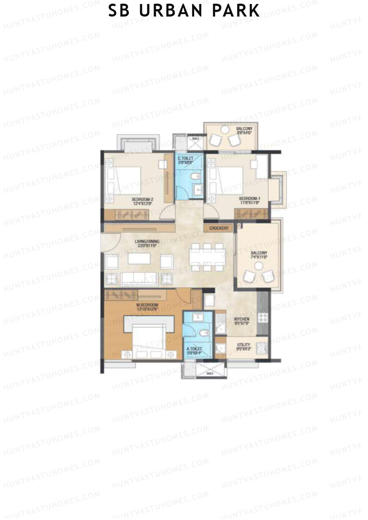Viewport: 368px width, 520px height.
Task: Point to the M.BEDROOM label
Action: [148, 305]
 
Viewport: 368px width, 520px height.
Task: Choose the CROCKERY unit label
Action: [219, 228]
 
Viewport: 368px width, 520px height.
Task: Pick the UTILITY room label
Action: [244, 345]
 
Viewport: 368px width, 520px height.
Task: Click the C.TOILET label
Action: [185, 158]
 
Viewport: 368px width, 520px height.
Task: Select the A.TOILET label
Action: [194, 349]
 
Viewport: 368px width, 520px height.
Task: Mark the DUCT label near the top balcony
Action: [195, 139]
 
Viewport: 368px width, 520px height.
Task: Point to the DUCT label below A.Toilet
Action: [210, 374]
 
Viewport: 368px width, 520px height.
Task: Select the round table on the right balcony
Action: [260, 265]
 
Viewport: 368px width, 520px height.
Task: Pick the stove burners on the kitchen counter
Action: [263, 318]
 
